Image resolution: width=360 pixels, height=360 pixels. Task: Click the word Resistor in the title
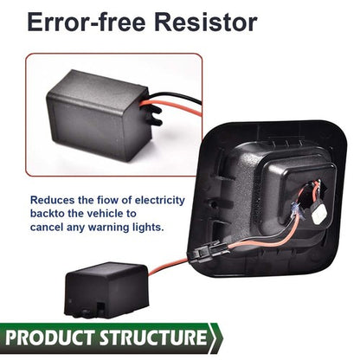point(206,22)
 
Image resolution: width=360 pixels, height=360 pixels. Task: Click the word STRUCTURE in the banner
point(153,337)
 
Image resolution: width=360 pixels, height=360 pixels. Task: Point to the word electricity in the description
point(160,200)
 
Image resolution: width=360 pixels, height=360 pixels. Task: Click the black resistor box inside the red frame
point(98,114)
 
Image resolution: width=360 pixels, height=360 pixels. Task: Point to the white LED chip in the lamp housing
point(319,214)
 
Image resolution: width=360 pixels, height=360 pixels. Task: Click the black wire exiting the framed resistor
point(176,97)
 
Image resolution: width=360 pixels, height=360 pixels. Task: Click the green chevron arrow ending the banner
point(215,337)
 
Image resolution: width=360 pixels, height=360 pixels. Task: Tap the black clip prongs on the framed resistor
point(154,115)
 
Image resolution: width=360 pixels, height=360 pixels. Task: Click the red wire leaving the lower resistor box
point(169,267)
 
